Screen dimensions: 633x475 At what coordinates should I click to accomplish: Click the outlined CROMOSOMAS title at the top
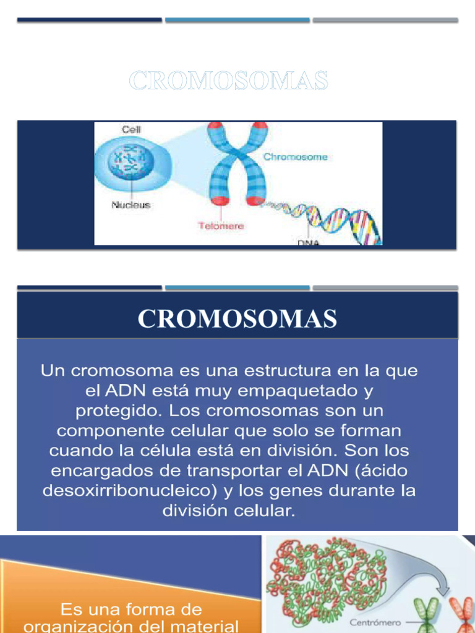pyautogui.click(x=228, y=80)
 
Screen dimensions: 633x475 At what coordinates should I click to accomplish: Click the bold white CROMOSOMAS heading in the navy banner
pyautogui.click(x=237, y=319)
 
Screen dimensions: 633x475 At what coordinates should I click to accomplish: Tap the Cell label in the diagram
pyautogui.click(x=131, y=130)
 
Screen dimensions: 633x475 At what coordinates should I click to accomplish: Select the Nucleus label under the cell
pyautogui.click(x=131, y=205)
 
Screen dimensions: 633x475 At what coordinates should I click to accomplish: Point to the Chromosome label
pyautogui.click(x=296, y=157)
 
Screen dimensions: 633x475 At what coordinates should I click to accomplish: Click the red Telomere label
pyautogui.click(x=221, y=226)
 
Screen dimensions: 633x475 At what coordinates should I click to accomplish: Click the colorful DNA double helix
pyautogui.click(x=328, y=219)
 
